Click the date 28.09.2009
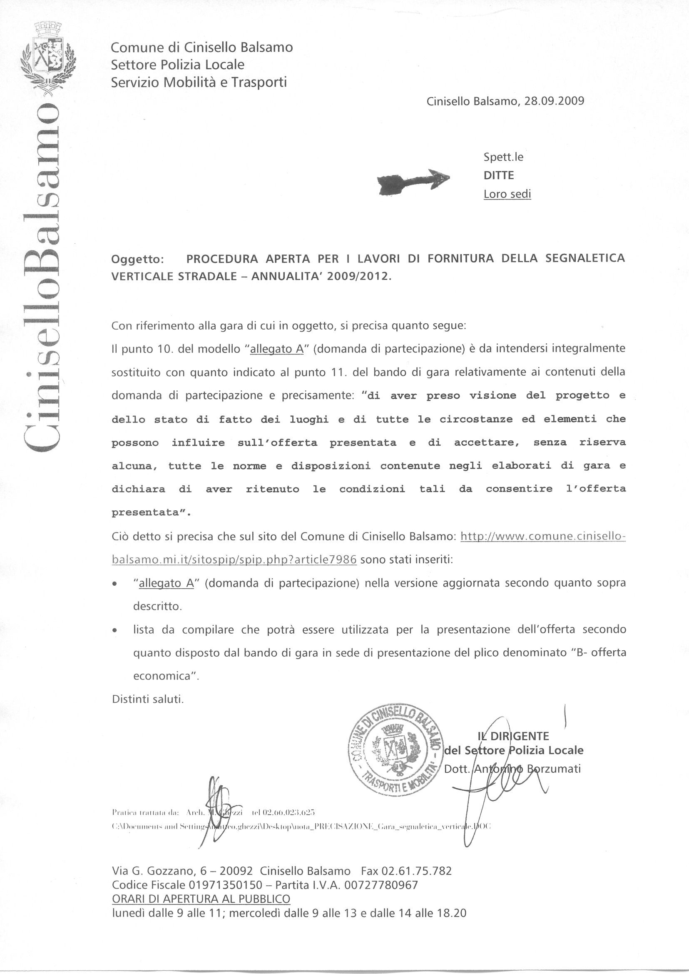(x=554, y=101)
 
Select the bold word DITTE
(x=498, y=175)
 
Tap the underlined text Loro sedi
(x=507, y=194)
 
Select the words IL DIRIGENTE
(x=513, y=736)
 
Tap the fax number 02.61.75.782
(x=417, y=871)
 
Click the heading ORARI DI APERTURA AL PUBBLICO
(x=201, y=899)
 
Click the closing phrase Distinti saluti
(x=148, y=699)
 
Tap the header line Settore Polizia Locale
(x=178, y=65)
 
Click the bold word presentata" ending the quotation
(x=151, y=512)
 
